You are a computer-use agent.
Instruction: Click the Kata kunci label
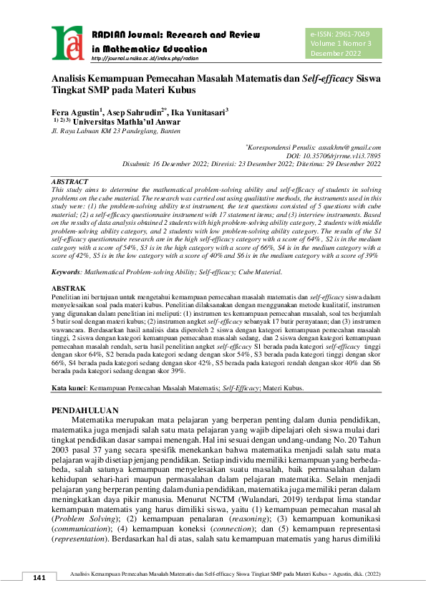point(68,388)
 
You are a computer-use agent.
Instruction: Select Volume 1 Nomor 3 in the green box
point(341,44)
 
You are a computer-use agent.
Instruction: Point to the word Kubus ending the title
point(181,91)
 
